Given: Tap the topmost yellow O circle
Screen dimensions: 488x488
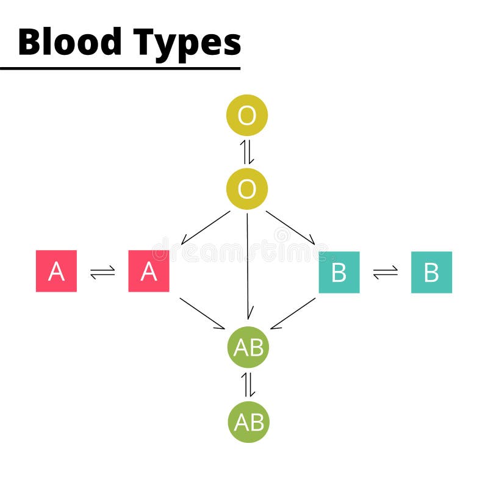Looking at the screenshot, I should (247, 115).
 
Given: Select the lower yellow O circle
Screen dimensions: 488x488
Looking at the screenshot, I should (247, 189).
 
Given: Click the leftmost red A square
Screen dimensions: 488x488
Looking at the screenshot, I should (57, 271).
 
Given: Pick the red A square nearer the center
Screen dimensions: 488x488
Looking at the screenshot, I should (149, 271).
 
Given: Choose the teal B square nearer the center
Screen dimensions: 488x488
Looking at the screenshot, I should (339, 272).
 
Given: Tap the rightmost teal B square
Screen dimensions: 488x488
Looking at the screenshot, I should (431, 272).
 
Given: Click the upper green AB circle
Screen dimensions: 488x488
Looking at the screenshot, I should (248, 347).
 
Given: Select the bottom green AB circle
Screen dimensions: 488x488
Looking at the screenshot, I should (248, 422).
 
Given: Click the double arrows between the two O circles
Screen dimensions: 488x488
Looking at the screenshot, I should (247, 152).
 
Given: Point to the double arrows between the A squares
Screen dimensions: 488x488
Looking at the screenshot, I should (102, 272).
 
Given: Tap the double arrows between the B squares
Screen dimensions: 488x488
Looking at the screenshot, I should (385, 272).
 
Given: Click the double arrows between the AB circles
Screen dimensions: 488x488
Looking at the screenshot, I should (248, 384).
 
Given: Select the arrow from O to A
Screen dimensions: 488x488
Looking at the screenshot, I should (206, 228).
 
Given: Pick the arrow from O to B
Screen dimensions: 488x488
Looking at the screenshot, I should (290, 228).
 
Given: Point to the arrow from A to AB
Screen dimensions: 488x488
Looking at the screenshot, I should (203, 313).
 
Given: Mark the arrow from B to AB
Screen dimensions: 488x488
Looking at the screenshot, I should (293, 313).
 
